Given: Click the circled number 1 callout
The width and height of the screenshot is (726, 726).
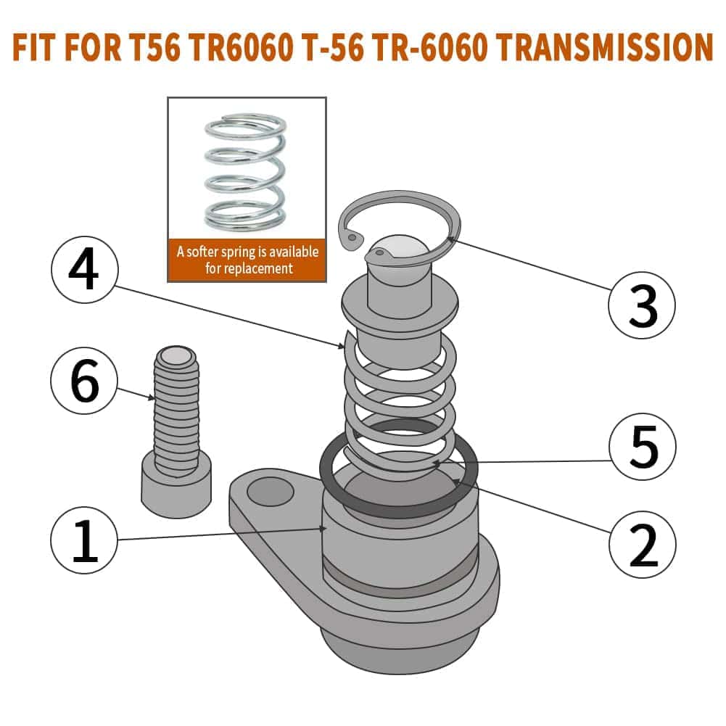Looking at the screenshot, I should pyautogui.click(x=85, y=540).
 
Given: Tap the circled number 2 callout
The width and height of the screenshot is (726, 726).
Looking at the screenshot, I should pyautogui.click(x=642, y=540).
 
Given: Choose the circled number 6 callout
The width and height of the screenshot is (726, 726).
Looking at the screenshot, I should pyautogui.click(x=85, y=382).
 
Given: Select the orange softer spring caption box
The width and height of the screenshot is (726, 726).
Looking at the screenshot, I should pyautogui.click(x=247, y=260).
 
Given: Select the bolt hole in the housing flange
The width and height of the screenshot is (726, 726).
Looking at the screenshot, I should pyautogui.click(x=270, y=492).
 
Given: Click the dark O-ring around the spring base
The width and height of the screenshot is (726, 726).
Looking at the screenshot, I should pyautogui.click(x=398, y=508).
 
